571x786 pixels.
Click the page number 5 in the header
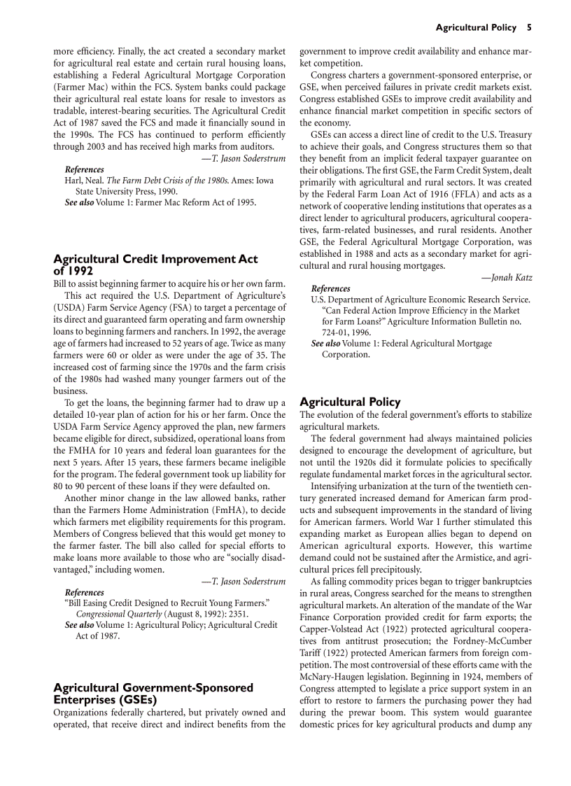pos(530,28)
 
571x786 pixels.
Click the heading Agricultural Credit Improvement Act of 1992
pos(155,265)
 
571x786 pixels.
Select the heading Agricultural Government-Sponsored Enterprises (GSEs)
pos(153,693)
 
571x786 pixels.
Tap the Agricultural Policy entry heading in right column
pos(350,402)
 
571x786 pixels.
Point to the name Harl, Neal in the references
pos(83,181)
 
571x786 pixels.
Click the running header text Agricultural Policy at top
pos(477,28)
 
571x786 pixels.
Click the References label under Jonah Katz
pos(330,288)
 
